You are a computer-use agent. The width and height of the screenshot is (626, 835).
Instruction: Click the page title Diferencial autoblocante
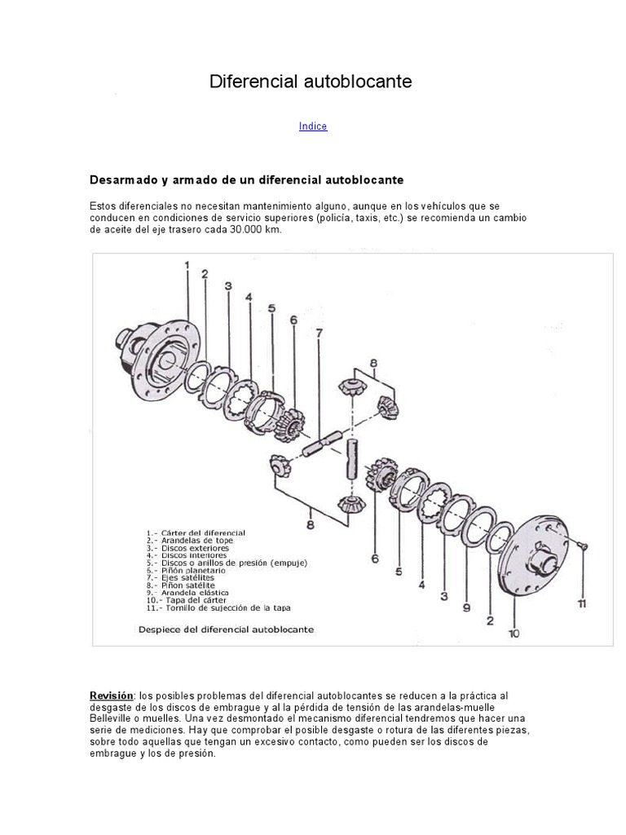point(311,82)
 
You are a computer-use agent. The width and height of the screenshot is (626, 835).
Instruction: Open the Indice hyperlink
point(313,126)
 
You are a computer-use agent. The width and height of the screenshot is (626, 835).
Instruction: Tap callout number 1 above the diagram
point(187,265)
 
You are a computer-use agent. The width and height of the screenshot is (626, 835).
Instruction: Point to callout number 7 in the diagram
point(320,333)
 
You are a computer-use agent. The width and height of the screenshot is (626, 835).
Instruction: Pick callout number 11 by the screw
point(581,604)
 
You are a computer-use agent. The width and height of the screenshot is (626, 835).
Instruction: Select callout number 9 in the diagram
point(466,607)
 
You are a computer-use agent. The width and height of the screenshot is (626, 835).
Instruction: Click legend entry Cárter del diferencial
point(196,532)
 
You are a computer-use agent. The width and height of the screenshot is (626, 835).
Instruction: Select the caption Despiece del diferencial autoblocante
point(226,630)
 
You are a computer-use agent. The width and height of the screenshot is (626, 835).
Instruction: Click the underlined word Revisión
point(111,696)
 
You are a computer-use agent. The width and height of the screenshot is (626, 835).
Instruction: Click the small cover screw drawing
point(581,546)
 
